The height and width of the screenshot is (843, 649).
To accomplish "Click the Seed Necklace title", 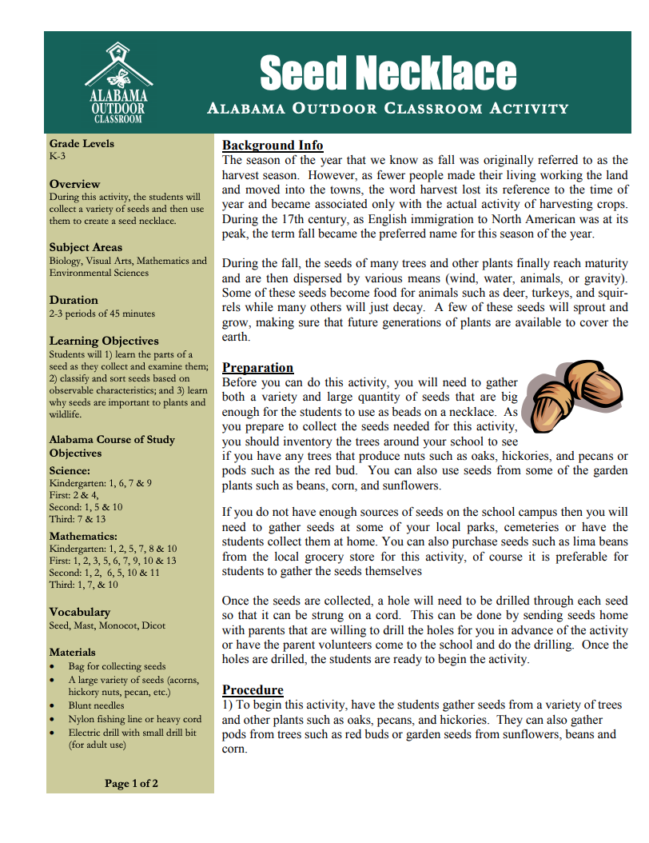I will coord(388,74).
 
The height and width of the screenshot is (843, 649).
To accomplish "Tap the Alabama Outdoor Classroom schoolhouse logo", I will coord(117,83).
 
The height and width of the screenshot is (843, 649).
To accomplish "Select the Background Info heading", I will coord(273,145).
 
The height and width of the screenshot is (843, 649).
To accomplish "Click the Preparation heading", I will coord(257,367).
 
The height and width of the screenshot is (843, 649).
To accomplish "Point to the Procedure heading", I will coord(253,689).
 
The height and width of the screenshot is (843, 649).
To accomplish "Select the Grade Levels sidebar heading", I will coord(82,144).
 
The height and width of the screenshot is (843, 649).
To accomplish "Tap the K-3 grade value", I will coord(58,157).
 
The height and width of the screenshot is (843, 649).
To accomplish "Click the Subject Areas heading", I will coord(86,247).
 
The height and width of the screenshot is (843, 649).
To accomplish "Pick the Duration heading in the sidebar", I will coord(74,300).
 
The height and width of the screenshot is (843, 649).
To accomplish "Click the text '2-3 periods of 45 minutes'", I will coord(102,314).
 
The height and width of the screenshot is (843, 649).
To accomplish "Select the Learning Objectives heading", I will coord(104,341).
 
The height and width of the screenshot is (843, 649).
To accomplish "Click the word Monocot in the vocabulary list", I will coord(120,625).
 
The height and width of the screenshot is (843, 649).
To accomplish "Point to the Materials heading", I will coord(72,652).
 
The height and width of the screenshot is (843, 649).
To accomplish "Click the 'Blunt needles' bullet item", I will coord(96,705).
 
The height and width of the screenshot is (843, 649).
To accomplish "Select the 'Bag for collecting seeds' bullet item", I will coord(117,666).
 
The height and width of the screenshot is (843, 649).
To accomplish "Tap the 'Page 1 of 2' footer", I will coord(131,783).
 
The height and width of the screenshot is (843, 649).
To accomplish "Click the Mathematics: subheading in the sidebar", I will coord(83,536).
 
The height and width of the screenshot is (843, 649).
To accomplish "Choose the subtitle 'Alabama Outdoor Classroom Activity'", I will coord(388,109).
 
